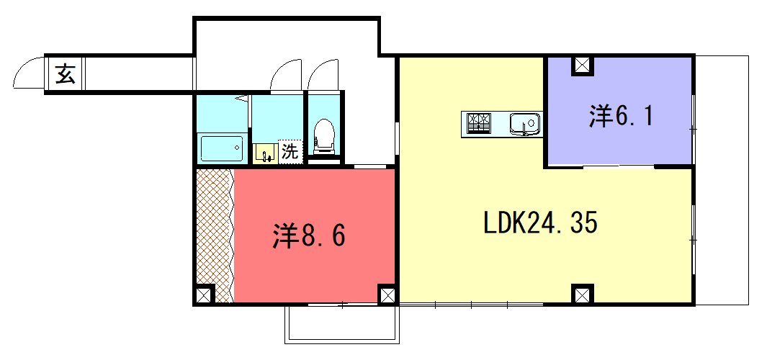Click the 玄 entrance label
click(65, 74)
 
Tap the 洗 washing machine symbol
click(290, 152)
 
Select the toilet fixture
click(324, 137)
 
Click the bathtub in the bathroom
click(222, 149)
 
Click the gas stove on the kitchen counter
click(479, 123)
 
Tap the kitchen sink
click(525, 123)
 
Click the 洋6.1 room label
click(621, 117)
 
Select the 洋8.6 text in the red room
click(309, 236)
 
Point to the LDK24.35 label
click(541, 224)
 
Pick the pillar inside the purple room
click(582, 66)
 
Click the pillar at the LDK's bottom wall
click(582, 294)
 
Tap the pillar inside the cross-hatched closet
click(205, 294)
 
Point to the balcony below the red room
click(342, 324)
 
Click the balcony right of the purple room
click(722, 180)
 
